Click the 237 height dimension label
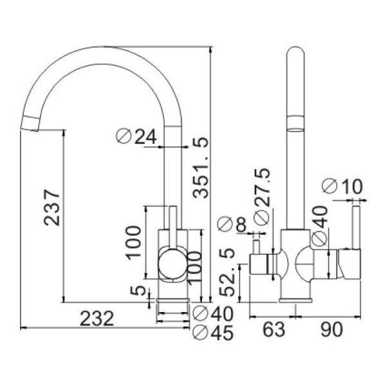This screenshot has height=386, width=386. click(52, 207)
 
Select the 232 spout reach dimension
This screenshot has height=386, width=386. click(97, 318)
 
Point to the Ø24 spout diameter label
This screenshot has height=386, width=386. click(136, 136)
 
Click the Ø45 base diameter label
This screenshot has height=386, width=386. click(213, 333)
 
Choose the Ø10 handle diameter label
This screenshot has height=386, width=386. click(342, 186)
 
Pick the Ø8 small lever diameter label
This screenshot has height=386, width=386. click(232, 224)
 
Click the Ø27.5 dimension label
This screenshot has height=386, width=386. click(262, 197)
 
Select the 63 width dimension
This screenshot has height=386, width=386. click(274, 329)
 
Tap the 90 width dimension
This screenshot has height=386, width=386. click(331, 329)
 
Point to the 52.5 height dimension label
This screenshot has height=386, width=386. click(226, 272)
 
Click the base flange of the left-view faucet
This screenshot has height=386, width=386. click(173, 300)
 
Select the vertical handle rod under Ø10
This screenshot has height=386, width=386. click(356, 228)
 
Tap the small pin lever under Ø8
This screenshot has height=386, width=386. click(256, 246)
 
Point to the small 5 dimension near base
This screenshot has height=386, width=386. click(138, 291)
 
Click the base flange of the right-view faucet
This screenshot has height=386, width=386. click(295, 300)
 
